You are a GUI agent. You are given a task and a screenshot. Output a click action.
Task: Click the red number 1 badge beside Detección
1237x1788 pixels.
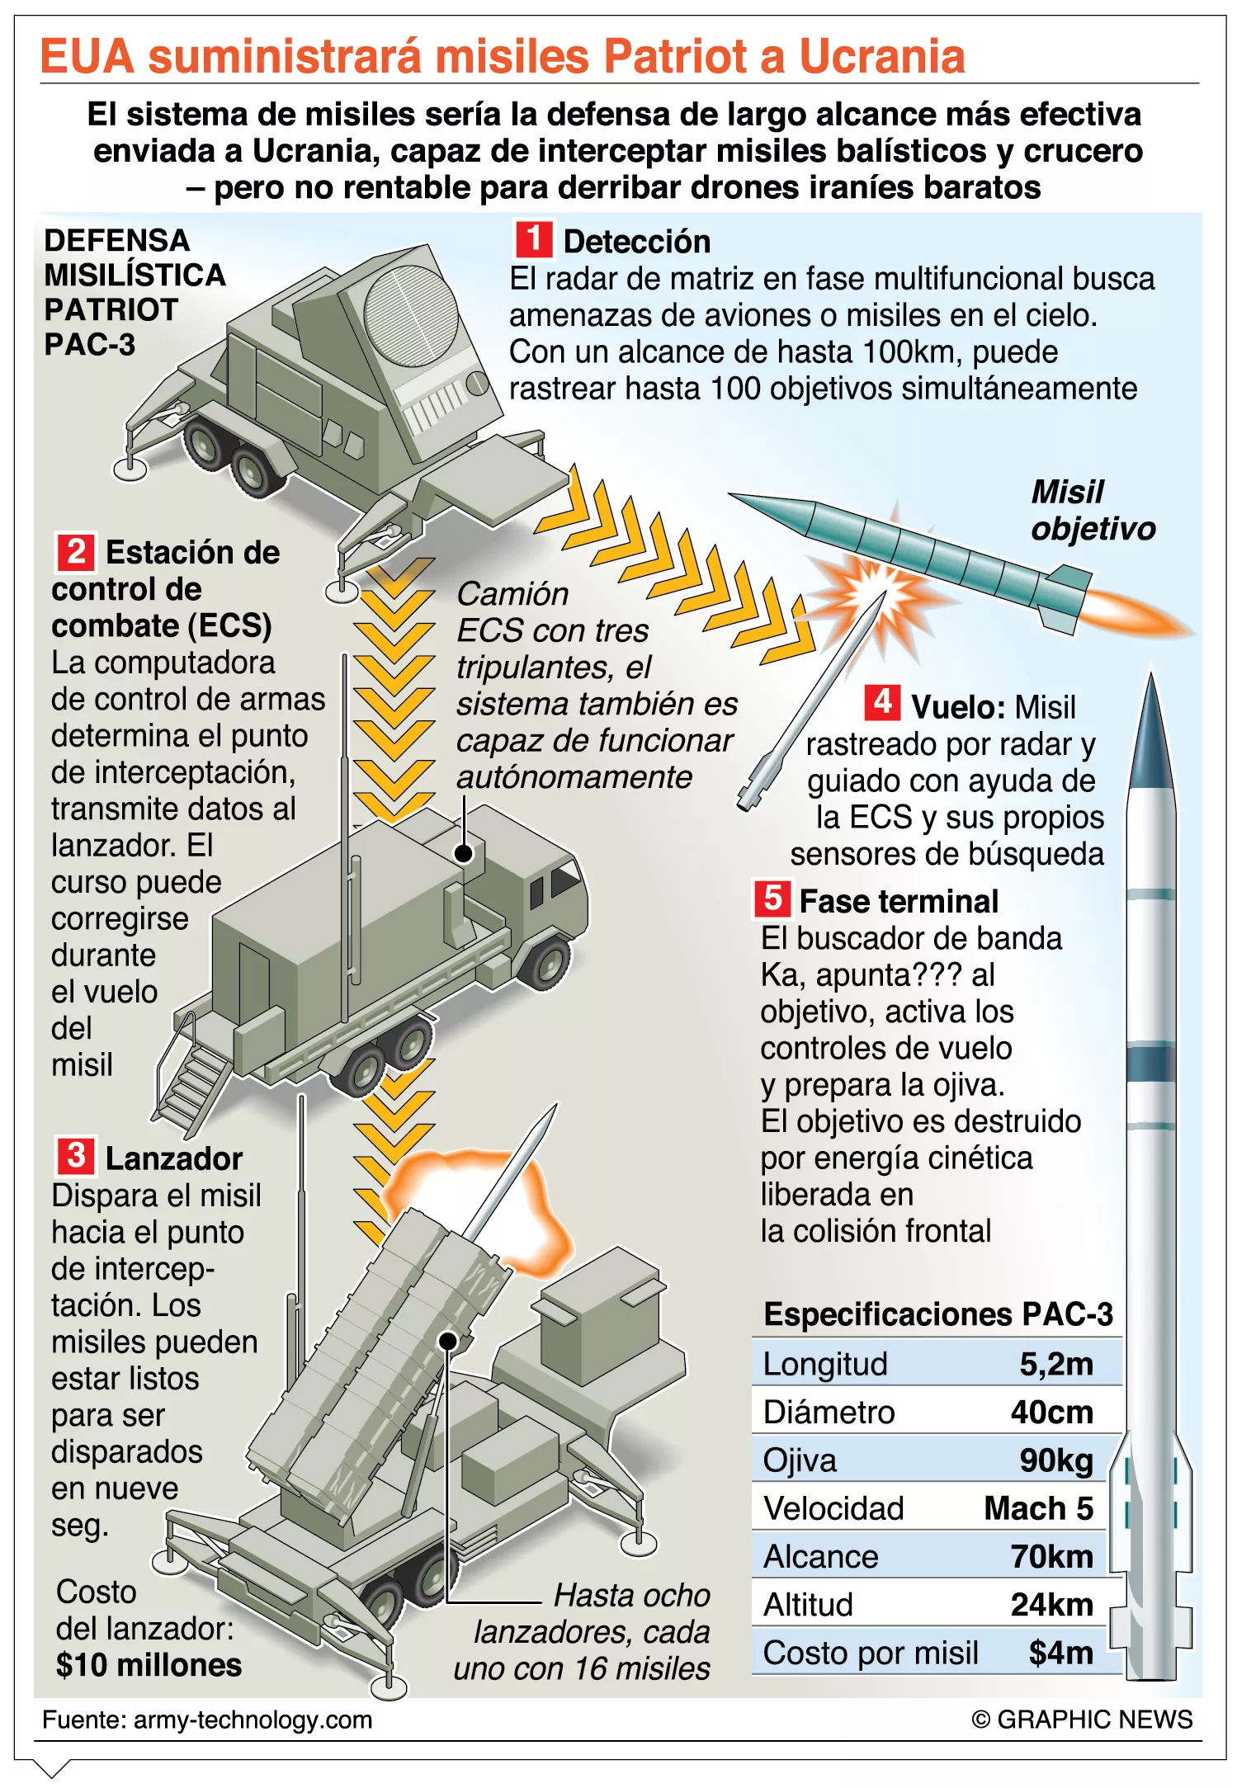tap(534, 239)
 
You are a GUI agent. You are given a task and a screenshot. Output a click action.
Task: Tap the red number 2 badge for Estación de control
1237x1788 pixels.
tap(76, 551)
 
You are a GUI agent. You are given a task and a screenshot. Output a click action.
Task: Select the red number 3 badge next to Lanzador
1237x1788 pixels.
tap(76, 1156)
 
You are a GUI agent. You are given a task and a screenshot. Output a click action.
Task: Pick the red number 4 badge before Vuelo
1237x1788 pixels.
tap(882, 703)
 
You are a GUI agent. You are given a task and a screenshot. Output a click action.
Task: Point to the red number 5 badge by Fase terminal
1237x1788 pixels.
tap(772, 899)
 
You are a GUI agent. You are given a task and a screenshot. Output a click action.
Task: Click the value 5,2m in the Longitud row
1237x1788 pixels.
tap(1056, 1364)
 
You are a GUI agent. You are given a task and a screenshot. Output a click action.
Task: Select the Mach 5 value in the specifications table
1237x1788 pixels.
tap(1039, 1508)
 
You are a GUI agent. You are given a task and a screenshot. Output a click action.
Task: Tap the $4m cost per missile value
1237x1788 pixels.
tap(1061, 1653)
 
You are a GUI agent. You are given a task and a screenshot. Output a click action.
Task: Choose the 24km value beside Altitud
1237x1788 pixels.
tap(1052, 1605)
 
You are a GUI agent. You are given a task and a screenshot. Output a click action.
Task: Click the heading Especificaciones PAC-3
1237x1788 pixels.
tap(938, 1314)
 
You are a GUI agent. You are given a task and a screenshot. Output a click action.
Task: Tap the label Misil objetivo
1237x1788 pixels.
tap(1093, 510)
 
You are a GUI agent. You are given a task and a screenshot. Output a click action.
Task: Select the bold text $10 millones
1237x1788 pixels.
tap(149, 1665)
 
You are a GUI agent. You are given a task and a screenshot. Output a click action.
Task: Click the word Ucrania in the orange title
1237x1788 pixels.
tap(882, 57)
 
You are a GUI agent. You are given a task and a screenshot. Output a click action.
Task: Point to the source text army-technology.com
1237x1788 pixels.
tap(253, 1720)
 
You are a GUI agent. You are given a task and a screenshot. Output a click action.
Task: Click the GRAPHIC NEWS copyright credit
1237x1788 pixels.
tap(1082, 1720)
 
